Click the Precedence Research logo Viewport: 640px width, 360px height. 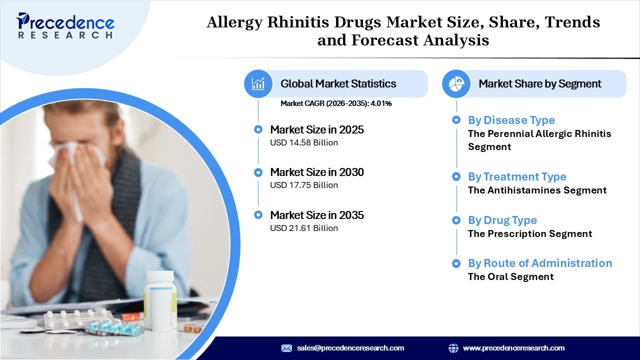[65, 25]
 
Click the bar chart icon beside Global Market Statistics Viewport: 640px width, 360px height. [258, 83]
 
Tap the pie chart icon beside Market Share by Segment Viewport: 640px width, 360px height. [456, 83]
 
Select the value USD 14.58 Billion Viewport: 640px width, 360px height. [304, 143]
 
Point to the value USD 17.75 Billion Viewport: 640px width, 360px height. [304, 185]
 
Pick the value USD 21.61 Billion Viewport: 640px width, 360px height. [304, 228]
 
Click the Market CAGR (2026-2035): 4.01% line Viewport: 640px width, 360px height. [336, 103]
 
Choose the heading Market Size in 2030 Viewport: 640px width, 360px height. [317, 172]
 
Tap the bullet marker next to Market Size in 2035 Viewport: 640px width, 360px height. [258, 215]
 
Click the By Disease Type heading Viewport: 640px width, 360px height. [511, 120]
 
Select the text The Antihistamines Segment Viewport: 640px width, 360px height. [537, 190]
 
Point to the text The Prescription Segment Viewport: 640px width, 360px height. [530, 234]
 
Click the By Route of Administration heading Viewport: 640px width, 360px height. [539, 263]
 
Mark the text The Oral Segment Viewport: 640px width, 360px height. [510, 277]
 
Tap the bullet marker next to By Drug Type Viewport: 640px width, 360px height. [456, 220]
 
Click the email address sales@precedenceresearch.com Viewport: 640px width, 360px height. [350, 348]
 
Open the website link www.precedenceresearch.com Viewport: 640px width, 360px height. [513, 348]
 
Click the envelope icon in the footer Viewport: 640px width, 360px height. [286, 348]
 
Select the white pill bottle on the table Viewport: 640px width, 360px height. [160, 300]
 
